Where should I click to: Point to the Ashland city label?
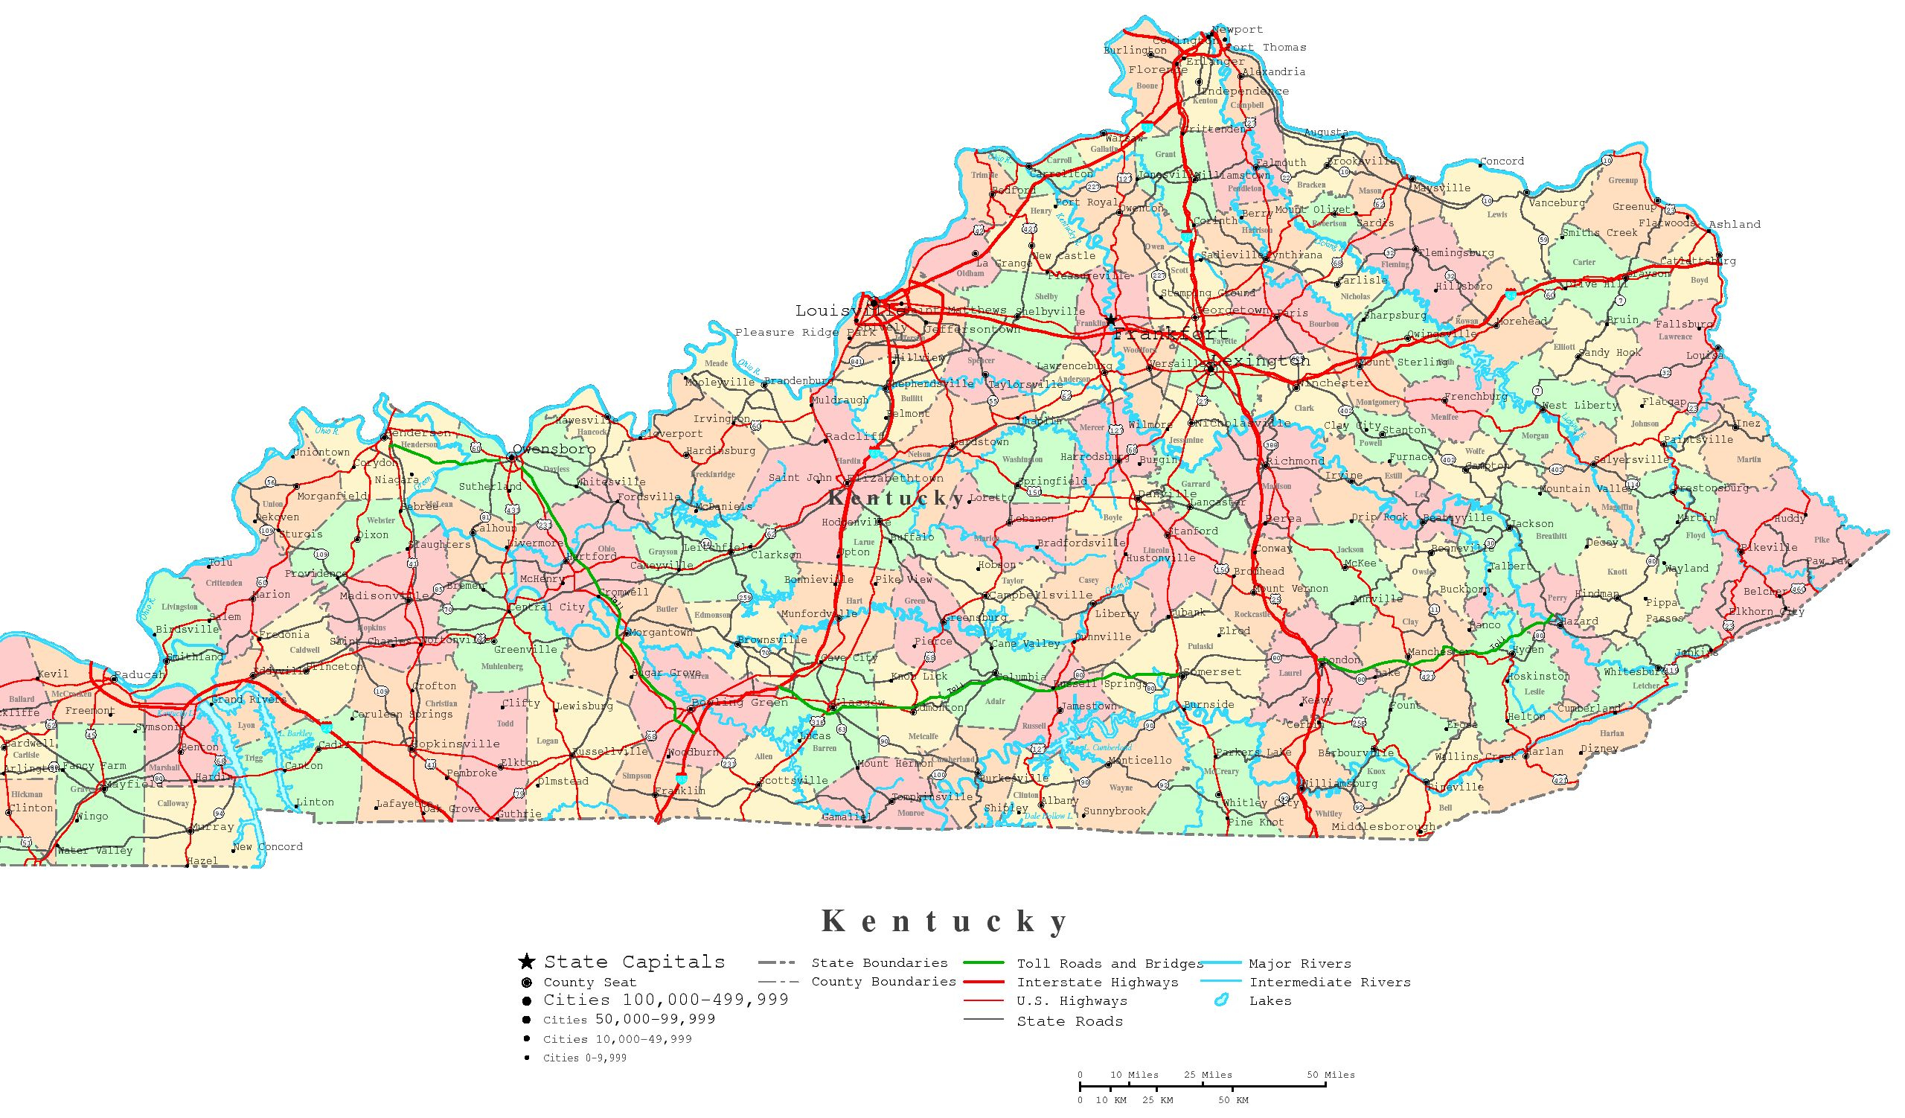tap(1734, 225)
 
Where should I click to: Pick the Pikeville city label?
tap(1768, 547)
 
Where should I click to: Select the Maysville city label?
tap(1441, 188)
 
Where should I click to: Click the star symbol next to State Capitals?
tap(526, 962)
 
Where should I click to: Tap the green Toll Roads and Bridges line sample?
tap(984, 963)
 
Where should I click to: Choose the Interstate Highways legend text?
tap(1097, 983)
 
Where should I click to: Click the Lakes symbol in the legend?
tap(1221, 1001)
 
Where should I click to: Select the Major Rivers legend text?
tap(1299, 964)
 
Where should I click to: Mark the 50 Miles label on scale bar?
tap(1331, 1075)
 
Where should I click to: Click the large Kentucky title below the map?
tap(945, 921)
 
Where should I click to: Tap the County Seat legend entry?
tap(589, 983)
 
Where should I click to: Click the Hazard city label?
tap(1579, 622)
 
